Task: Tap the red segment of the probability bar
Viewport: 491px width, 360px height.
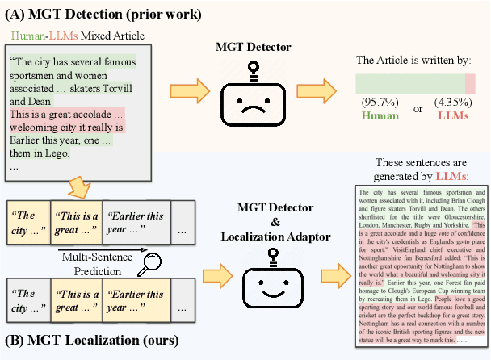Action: coord(469,84)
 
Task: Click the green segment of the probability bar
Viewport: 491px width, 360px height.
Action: coord(409,84)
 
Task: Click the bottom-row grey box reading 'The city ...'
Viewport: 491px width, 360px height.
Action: coord(25,300)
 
